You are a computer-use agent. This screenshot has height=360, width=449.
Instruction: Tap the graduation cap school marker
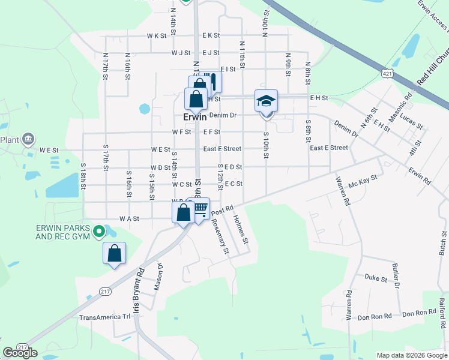[x=266, y=100]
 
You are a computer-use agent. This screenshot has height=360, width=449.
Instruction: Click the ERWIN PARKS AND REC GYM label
[x=62, y=232]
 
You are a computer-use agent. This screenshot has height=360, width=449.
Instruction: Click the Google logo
[x=20, y=353]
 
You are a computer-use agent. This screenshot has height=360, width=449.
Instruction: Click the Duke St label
[x=375, y=277]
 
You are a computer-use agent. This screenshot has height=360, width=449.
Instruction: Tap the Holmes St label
[x=240, y=229]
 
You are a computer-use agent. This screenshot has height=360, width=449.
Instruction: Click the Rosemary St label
[x=220, y=236]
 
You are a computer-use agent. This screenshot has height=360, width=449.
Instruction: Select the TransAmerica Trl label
[x=104, y=317]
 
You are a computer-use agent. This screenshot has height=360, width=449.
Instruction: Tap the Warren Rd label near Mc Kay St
[x=343, y=191]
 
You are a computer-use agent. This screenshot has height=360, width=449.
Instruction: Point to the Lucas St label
[x=411, y=119]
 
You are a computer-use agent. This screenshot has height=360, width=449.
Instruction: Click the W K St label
[x=157, y=36]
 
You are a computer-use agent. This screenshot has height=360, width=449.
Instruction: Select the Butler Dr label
[x=396, y=275]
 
